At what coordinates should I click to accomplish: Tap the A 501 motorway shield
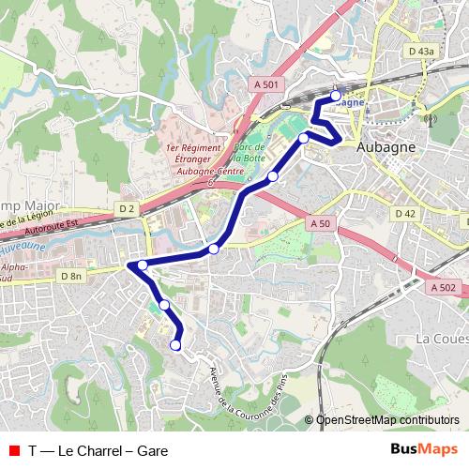(x=266, y=84)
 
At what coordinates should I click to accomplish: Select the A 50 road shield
(x=320, y=223)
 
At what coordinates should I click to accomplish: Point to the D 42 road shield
(x=405, y=214)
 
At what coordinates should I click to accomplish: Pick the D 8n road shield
(x=71, y=276)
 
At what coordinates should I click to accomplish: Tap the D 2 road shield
(x=128, y=207)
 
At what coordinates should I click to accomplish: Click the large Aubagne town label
(x=386, y=148)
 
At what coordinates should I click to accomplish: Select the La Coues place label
(x=441, y=338)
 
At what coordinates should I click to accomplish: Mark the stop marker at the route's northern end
(x=336, y=96)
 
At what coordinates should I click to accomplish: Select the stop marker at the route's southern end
(x=175, y=346)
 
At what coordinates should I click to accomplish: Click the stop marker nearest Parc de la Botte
(x=273, y=176)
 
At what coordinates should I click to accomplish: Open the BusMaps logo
(x=423, y=449)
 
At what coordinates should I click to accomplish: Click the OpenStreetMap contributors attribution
(x=387, y=420)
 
